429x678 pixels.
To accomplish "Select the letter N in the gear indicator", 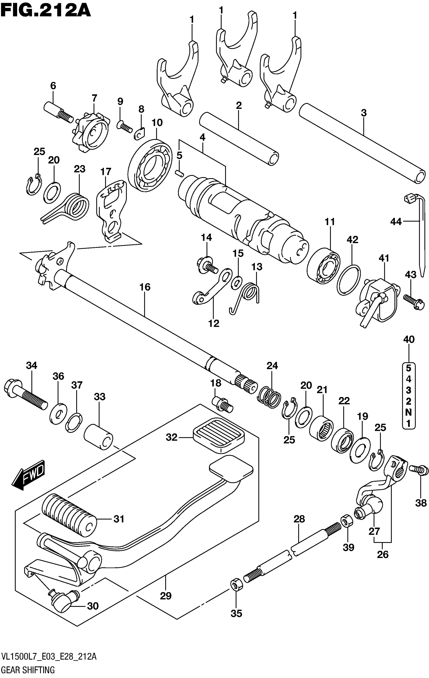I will [x=409, y=412].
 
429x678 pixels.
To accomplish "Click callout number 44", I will [x=396, y=222].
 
